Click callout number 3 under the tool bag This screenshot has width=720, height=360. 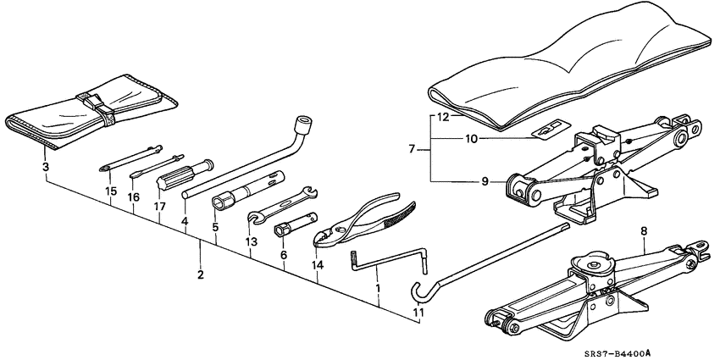point(45,167)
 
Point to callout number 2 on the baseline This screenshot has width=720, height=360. point(201,274)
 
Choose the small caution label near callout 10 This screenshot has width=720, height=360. point(544,130)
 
